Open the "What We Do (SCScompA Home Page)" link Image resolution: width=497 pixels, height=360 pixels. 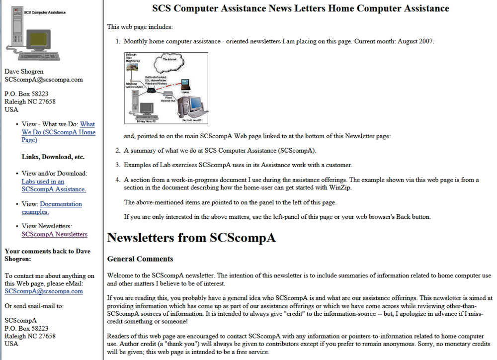pos(58,132)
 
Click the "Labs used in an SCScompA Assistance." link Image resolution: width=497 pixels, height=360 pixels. pos(54,185)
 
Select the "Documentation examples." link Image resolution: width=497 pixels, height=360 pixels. pos(52,208)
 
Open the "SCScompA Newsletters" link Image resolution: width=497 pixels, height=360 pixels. pos(54,234)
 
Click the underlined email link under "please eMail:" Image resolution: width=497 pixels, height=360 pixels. pos(43,291)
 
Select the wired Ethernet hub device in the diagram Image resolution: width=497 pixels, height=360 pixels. pos(169,93)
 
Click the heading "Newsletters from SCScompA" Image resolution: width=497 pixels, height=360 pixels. pos(191,238)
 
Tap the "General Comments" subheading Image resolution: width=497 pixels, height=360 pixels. pos(140,259)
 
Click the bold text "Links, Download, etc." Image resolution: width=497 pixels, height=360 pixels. pos(53,157)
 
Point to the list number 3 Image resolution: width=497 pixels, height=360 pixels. pos(118,165)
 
